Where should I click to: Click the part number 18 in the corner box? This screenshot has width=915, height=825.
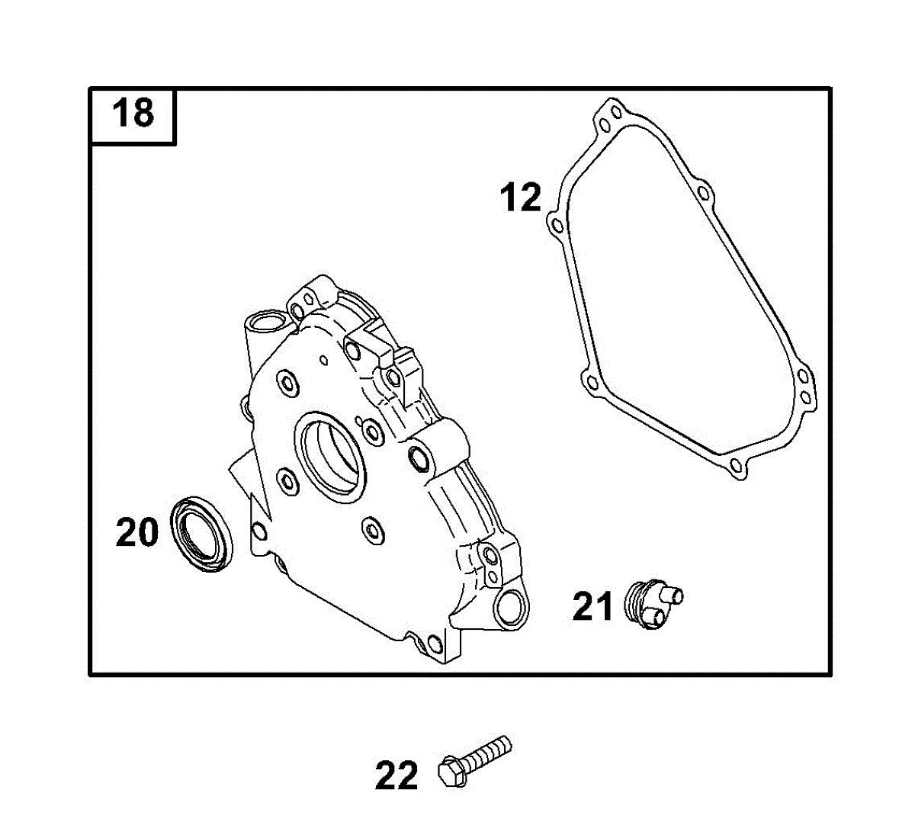tap(133, 113)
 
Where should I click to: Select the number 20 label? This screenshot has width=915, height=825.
tap(136, 531)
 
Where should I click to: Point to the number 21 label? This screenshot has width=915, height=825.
tap(592, 606)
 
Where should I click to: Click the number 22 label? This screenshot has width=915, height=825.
tap(396, 775)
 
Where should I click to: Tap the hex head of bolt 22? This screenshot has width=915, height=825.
tap(451, 771)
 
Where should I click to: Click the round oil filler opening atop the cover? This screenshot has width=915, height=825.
tap(267, 323)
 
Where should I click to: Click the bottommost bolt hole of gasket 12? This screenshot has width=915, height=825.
tap(736, 465)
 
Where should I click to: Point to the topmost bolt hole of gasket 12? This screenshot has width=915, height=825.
tap(616, 112)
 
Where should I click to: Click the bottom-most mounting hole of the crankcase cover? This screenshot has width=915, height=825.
tap(435, 644)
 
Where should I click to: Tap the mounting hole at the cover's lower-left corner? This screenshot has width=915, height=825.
tap(259, 531)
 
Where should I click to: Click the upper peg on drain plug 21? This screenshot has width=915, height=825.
tap(670, 594)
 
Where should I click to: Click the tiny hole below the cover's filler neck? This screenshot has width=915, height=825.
tap(323, 360)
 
